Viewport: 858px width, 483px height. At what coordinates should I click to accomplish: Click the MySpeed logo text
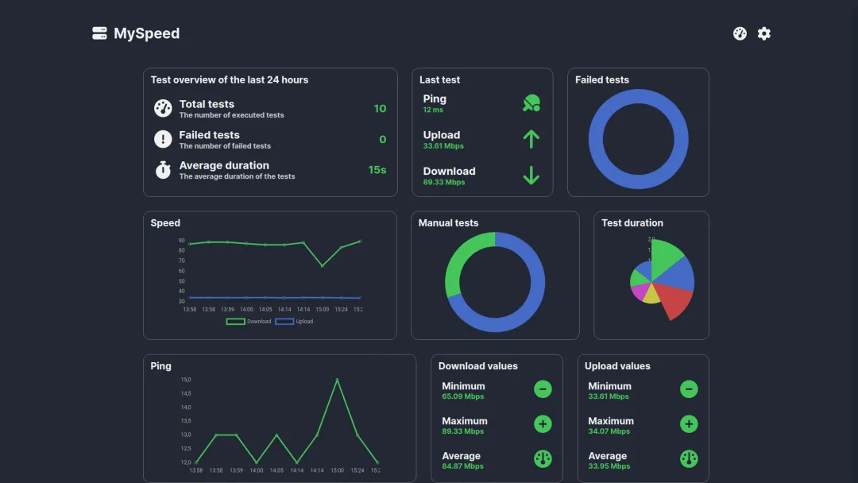coord(146,33)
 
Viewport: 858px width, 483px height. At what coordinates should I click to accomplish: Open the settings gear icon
coord(763,33)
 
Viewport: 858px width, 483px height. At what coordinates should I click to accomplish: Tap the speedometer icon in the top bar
coord(740,33)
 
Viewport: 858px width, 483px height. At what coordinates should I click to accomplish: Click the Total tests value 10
coord(380,109)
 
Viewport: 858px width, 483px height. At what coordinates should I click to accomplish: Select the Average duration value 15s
coord(377,170)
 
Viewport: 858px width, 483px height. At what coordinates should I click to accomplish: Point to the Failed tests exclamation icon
coord(163,140)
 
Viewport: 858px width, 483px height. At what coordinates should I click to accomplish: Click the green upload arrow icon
coord(531,140)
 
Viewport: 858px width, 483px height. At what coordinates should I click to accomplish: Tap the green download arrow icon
coord(531,176)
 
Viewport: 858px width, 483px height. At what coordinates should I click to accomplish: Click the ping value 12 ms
coord(433,110)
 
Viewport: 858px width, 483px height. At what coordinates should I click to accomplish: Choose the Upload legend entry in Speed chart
coord(295,322)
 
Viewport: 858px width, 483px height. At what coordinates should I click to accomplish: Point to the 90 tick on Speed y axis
coord(182,241)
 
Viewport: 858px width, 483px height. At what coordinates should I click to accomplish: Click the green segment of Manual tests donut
coord(461,258)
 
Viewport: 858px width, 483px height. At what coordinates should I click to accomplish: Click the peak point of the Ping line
coord(337,380)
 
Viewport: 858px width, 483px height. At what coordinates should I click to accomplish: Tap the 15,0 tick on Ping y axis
coord(185,380)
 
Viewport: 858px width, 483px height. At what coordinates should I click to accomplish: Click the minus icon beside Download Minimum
coord(543,389)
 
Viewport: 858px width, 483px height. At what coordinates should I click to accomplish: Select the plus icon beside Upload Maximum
coord(689,424)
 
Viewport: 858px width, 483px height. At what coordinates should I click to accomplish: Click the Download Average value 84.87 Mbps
coord(462,466)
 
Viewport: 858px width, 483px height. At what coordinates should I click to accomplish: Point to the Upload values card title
coord(617,366)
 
